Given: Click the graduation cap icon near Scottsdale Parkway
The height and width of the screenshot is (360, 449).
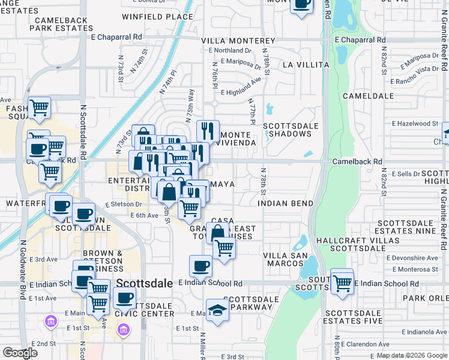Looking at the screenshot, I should [217, 310].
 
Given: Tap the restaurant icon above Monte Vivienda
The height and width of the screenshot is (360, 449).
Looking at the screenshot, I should [208, 130].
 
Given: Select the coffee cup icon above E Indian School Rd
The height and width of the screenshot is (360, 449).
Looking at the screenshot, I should [200, 265].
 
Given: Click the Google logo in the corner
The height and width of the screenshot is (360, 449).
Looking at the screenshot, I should [20, 353].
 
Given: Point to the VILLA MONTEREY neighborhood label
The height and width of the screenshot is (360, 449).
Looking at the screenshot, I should [238, 41].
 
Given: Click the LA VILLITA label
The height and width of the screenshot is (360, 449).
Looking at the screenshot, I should [306, 64].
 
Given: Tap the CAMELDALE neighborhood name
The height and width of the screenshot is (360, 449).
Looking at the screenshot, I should [368, 95].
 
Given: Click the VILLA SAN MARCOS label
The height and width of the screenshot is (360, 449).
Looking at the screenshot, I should [285, 260].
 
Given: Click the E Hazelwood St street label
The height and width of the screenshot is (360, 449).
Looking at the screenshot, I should [415, 123].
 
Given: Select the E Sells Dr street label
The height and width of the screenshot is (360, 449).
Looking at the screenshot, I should [409, 173].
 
